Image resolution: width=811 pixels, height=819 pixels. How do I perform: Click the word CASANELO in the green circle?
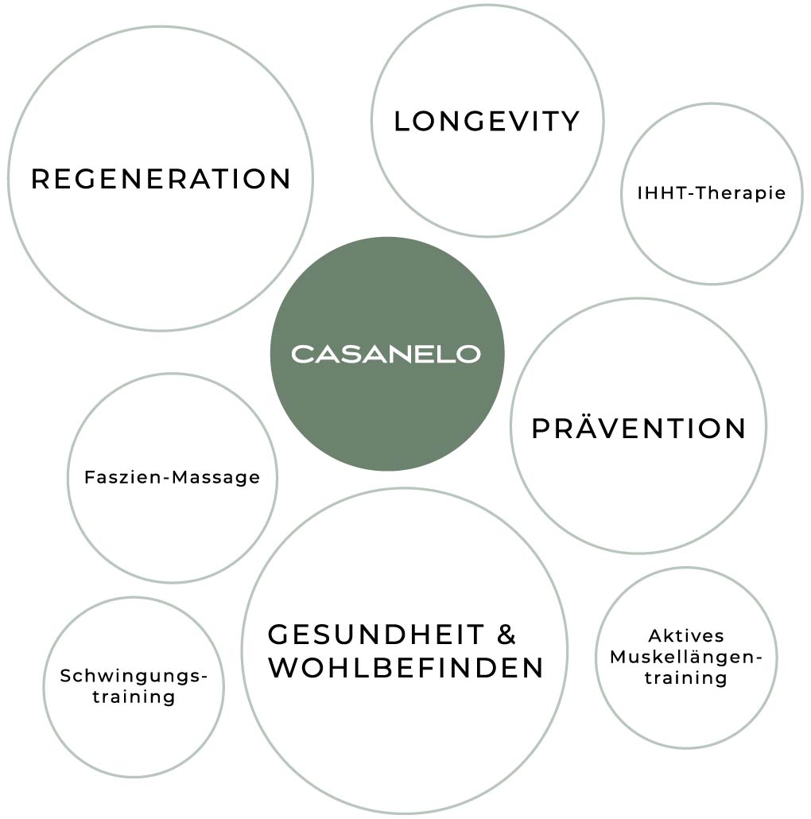(386, 354)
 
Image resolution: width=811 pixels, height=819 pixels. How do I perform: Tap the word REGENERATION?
(161, 179)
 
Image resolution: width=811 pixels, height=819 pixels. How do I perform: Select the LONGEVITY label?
(487, 122)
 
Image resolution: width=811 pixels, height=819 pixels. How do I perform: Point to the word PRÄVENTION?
(638, 429)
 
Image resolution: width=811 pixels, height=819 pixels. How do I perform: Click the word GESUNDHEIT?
(376, 635)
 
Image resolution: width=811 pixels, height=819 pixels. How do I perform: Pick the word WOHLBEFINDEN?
(405, 668)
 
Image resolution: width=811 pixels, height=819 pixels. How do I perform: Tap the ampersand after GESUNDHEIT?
(506, 635)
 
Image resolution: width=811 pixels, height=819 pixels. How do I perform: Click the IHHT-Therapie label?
(712, 193)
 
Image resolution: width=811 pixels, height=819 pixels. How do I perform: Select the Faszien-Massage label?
(172, 477)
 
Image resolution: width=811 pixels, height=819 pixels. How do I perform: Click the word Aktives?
(686, 636)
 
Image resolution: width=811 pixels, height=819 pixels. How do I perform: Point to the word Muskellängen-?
(685, 658)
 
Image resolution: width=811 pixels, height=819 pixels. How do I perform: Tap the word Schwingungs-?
(134, 677)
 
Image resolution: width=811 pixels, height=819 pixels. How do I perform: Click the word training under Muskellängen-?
(685, 678)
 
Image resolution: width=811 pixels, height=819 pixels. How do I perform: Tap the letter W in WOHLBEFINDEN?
(283, 668)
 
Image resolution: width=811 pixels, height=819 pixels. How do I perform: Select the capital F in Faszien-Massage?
(89, 477)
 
